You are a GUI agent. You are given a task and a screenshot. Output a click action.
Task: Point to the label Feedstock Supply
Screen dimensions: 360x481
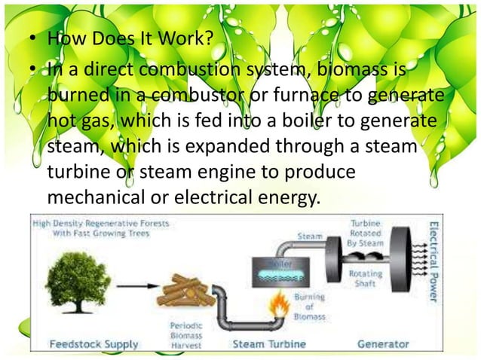click(x=94, y=344)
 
